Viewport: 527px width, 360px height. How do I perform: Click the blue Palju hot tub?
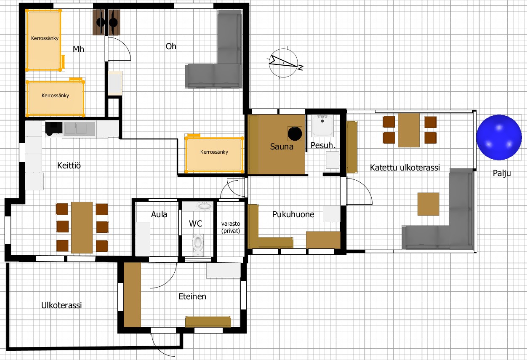point(499,137)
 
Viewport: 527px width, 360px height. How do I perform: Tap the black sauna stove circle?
point(295,133)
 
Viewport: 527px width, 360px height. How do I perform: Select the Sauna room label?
point(282,147)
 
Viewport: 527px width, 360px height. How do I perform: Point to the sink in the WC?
point(205,206)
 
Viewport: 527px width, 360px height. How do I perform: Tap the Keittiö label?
point(69,165)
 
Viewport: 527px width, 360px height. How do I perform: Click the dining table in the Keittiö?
point(82,227)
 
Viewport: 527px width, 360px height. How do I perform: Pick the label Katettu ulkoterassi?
point(405,168)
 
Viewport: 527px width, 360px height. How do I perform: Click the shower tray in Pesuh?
point(322,125)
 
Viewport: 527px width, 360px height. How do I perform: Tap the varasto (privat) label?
point(231,227)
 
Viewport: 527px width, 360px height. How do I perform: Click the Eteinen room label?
point(192,296)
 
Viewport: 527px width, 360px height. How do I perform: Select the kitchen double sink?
point(79,129)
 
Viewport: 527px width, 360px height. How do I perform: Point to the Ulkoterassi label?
point(61,305)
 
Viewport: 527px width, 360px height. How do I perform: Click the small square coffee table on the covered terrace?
point(429,204)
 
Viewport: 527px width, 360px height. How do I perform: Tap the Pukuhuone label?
point(293,214)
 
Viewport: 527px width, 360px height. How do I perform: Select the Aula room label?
point(159,214)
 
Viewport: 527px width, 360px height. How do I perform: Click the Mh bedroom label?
point(78,49)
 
